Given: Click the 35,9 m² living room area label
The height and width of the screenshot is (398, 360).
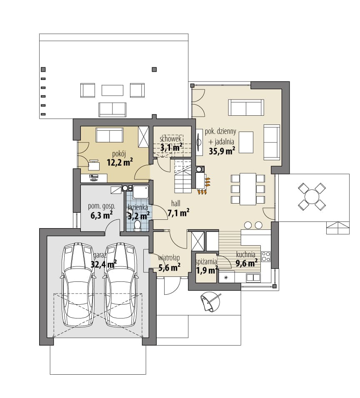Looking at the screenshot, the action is [222, 151].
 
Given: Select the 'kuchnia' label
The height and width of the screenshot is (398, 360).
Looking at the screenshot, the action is [246, 254].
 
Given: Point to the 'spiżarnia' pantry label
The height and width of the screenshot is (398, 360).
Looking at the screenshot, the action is [206, 262].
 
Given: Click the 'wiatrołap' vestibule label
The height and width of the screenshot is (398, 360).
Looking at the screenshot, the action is [169, 258].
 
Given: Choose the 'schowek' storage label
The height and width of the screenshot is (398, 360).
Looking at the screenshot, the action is [170, 139].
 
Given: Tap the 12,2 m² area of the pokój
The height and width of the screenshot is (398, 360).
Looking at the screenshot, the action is [120, 162].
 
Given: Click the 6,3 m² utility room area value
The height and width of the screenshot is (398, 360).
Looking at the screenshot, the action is [102, 216].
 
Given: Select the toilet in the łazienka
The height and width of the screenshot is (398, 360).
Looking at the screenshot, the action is [137, 226].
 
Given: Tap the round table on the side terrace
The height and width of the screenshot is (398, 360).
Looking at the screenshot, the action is [312, 196].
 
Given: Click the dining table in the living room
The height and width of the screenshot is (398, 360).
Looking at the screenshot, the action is [247, 189].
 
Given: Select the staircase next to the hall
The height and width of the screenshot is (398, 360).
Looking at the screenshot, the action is [182, 176].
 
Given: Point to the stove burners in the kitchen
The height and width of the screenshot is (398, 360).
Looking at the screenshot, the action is [266, 256].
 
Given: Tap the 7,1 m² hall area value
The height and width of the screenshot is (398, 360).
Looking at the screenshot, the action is [178, 213].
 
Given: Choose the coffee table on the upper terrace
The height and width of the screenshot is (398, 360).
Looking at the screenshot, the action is [112, 90].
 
